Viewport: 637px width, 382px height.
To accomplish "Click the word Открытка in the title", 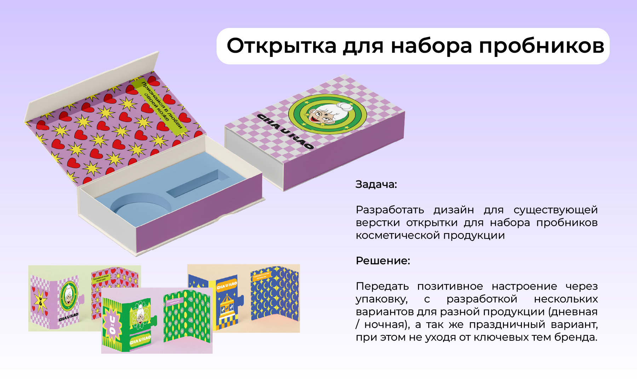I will click(281, 46).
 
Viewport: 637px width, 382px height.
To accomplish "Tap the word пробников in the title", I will click(541, 46).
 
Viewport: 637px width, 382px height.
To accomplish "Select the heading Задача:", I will click(376, 184).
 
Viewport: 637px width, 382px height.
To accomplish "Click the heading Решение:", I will click(383, 261).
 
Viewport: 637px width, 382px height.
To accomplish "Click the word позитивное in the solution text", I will click(450, 286).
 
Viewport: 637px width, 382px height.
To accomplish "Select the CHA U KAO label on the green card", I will click(140, 340).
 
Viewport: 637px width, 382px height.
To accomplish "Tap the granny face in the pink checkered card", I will click(68, 296).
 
